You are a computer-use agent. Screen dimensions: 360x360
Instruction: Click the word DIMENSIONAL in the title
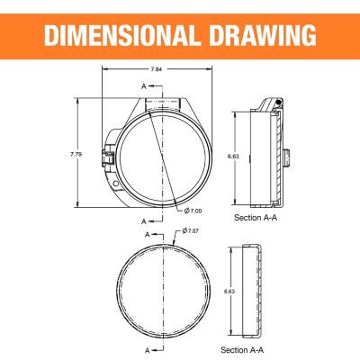coord(127,35)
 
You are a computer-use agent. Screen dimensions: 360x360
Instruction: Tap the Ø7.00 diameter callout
coord(193,211)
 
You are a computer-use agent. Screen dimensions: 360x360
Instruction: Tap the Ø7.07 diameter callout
coord(191,231)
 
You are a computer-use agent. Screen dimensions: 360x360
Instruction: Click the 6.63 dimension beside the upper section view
coord(233,156)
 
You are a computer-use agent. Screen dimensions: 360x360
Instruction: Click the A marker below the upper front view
coord(143,220)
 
